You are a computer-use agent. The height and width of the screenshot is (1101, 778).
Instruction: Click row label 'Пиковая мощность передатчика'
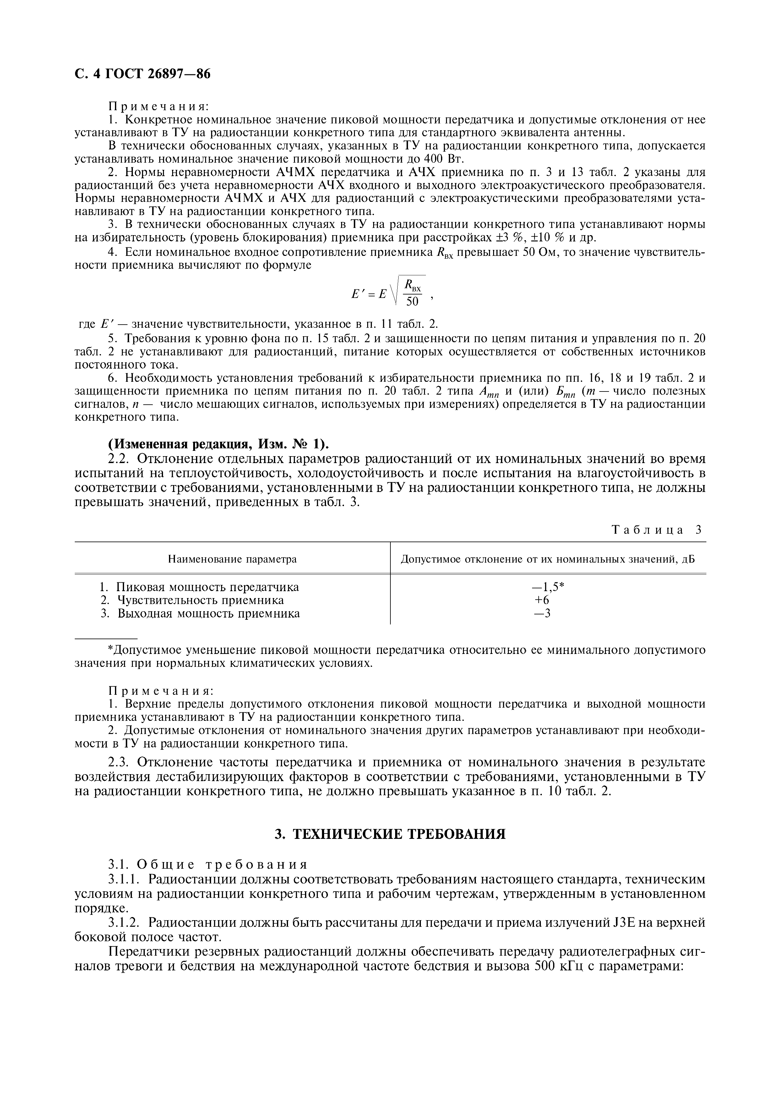(x=207, y=587)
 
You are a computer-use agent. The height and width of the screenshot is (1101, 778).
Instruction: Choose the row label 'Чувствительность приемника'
(x=200, y=600)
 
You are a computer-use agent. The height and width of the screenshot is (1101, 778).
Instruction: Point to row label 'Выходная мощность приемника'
(x=208, y=613)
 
